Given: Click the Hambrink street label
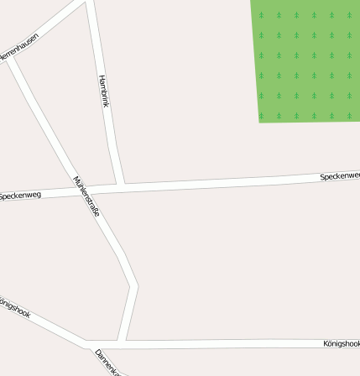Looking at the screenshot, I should coord(104,91).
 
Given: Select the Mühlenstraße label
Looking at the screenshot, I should coord(87,197).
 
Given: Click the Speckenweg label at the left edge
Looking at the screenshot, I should coord(20,196).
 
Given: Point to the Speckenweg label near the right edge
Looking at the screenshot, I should coord(339,176).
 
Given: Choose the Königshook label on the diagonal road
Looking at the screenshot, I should coord(15,306).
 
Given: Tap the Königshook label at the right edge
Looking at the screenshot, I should coord(341,343).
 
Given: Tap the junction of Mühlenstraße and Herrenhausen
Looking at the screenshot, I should coord(11,59).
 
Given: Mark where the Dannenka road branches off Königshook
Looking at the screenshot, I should coord(88,343).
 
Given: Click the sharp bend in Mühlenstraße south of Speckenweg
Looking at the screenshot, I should coord(134,286).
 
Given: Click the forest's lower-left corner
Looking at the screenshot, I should coord(260,122).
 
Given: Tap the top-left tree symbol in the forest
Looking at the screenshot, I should coord(261,15).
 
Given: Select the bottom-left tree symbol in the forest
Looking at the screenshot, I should coord(261,115).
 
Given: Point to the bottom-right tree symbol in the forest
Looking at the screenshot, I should coord(350,115).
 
